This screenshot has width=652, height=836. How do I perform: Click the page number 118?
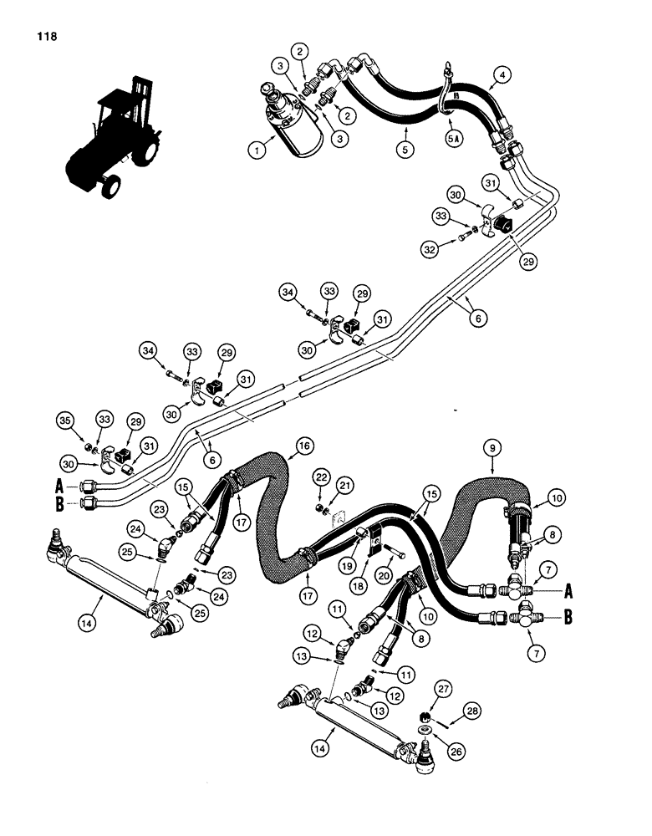[x=46, y=37]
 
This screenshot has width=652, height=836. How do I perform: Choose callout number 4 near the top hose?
[x=501, y=74]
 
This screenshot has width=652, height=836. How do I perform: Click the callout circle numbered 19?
[x=321, y=565]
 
